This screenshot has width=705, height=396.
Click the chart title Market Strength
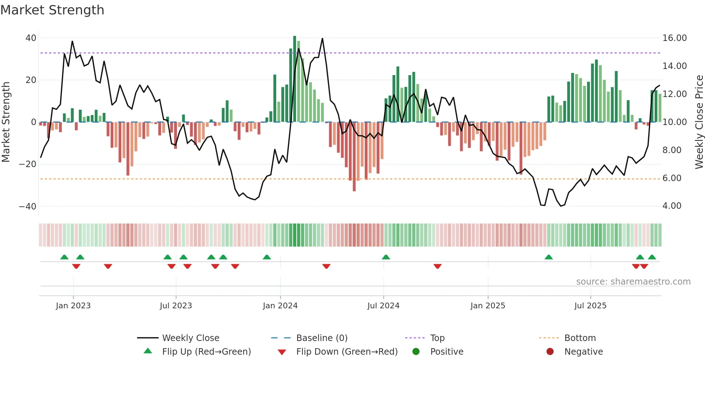52,10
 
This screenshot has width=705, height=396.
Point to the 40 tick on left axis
31,38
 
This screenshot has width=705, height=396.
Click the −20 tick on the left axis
28,164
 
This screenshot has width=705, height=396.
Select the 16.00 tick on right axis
674,38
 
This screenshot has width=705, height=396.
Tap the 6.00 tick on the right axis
672,178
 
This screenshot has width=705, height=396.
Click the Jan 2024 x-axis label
280,306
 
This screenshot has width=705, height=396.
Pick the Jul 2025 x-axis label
590,306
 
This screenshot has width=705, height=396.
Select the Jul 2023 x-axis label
176,306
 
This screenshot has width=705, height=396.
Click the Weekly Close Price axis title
699,122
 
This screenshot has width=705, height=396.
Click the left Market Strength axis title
6,122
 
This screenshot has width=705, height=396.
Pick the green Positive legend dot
416,352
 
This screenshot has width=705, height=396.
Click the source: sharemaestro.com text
633,282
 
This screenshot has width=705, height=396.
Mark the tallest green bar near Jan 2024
295,79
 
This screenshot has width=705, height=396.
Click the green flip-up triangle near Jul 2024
386,257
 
